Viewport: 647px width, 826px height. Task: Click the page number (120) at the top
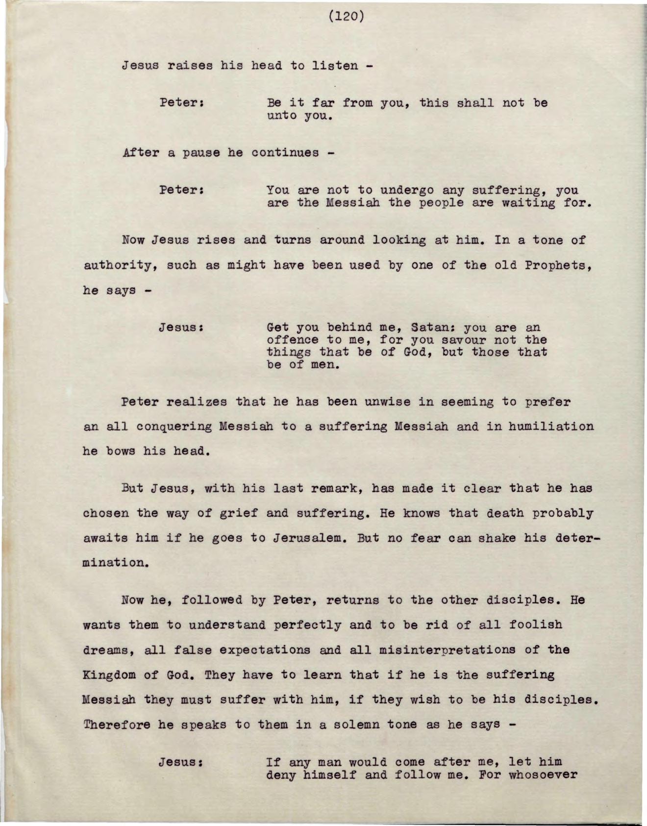click(346, 17)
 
